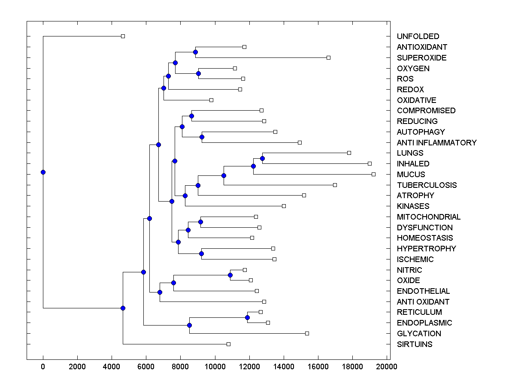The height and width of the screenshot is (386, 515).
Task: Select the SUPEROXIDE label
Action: click(421, 58)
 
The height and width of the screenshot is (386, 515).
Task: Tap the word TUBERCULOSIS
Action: click(427, 185)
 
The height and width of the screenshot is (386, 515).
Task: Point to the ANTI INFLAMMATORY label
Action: click(436, 143)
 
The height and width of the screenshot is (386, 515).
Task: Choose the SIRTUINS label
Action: click(415, 344)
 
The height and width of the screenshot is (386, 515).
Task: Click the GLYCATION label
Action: click(418, 334)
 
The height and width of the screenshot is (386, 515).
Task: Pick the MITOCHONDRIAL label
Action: click(428, 217)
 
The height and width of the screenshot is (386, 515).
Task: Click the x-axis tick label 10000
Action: click(215, 366)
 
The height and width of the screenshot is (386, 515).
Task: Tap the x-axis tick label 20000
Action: click(387, 366)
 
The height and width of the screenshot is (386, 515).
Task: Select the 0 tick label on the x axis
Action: click(43, 366)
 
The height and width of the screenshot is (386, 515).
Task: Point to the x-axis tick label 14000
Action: click(284, 366)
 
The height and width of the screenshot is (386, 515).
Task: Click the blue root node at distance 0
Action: click(43, 172)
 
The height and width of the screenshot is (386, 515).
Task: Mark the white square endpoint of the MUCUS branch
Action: click(373, 174)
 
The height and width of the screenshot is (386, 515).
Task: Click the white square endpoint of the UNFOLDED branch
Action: click(123, 36)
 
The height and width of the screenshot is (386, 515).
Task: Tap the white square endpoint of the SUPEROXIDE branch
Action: click(328, 57)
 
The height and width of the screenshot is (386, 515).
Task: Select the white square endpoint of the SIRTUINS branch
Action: click(228, 344)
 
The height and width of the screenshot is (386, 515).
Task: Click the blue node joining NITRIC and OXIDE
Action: click(230, 275)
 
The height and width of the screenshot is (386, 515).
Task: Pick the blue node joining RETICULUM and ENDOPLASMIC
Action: click(247, 317)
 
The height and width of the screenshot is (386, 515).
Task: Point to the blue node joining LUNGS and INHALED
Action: click(262, 158)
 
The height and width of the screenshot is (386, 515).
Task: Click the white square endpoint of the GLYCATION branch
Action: click(307, 333)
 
